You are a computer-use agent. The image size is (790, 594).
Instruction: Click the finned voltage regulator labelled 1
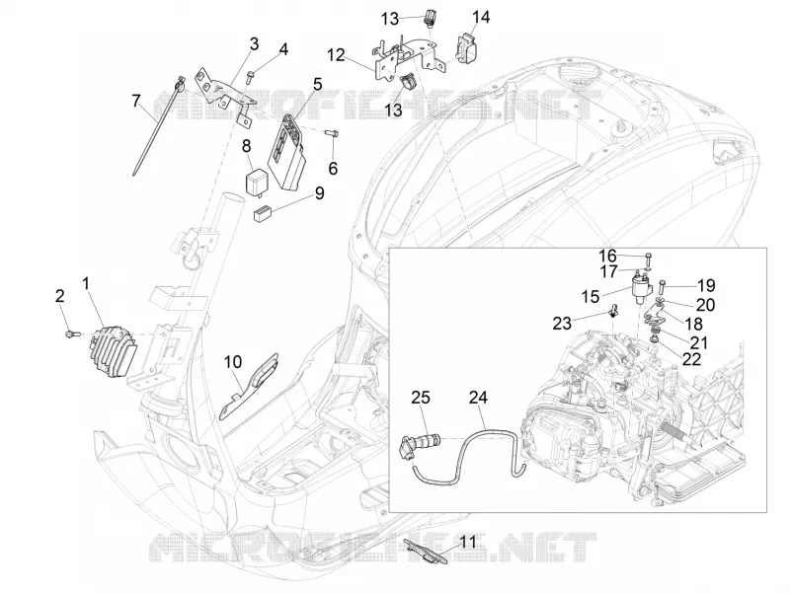(113, 347)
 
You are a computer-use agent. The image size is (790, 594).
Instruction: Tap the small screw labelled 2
(69, 334)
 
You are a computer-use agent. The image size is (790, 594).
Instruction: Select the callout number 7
(136, 101)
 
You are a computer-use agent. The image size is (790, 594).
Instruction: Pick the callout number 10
(233, 361)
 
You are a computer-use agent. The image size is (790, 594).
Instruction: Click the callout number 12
(336, 54)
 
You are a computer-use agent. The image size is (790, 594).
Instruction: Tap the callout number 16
(607, 256)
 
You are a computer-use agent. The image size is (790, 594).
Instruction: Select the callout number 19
(706, 285)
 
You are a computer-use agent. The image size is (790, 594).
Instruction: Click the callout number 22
(691, 358)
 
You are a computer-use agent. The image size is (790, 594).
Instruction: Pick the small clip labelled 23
(612, 312)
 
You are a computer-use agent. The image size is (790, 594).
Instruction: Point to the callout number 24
(478, 398)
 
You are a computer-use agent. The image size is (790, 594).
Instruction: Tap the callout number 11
(468, 542)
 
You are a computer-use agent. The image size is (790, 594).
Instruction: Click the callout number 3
(254, 43)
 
